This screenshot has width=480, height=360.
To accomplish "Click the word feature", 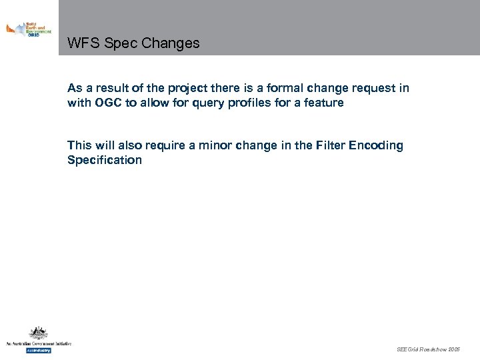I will pos(323,103).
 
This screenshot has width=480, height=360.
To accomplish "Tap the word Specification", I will pos(105,160).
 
